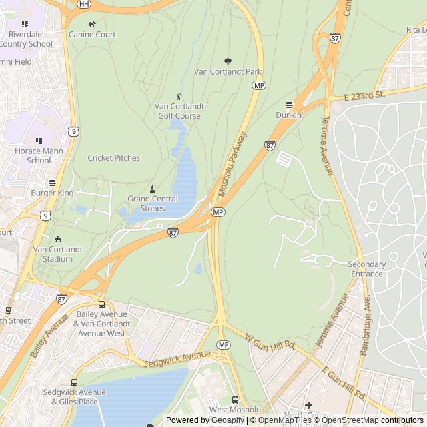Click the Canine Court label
pyautogui.click(x=92, y=34)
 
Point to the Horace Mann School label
pyautogui.click(x=39, y=155)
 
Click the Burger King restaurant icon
pyautogui.click(x=52, y=183)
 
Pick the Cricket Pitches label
pyautogui.click(x=114, y=158)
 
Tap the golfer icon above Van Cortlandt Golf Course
pyautogui.click(x=179, y=97)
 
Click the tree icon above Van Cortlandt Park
pyautogui.click(x=228, y=61)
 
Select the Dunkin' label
pyautogui.click(x=289, y=115)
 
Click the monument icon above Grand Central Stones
pyautogui.click(x=153, y=189)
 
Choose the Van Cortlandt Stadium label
pyautogui.click(x=57, y=254)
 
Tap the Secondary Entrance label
pyautogui.click(x=366, y=268)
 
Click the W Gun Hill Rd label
pyautogui.click(x=270, y=342)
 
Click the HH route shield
pyautogui.click(x=83, y=3)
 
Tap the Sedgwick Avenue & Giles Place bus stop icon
pyautogui.click(x=74, y=382)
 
